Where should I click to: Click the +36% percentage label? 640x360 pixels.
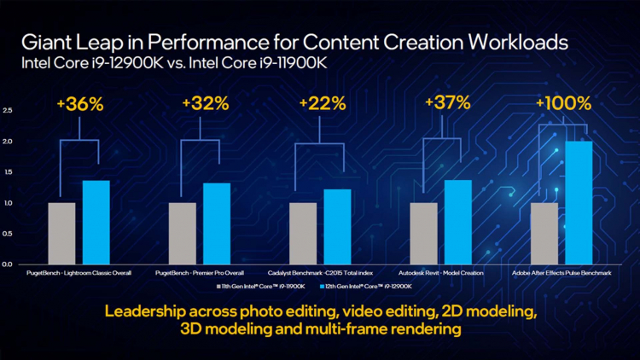[x=79, y=105]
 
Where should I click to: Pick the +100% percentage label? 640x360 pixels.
[x=562, y=104]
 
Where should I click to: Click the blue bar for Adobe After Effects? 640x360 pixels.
[x=579, y=202]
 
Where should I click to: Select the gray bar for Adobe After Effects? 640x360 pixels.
[x=544, y=233]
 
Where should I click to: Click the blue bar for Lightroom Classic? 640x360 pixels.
[x=96, y=222]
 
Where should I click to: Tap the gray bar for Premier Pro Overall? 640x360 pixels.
[x=183, y=233]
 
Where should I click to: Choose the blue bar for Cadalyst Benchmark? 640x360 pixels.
[x=337, y=226]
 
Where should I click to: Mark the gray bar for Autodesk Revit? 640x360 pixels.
[x=424, y=233]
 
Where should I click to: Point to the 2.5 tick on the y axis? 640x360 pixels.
[x=8, y=111]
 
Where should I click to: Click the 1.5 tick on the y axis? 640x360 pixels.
[x=8, y=172]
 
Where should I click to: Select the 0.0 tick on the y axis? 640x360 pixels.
[x=8, y=264]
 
